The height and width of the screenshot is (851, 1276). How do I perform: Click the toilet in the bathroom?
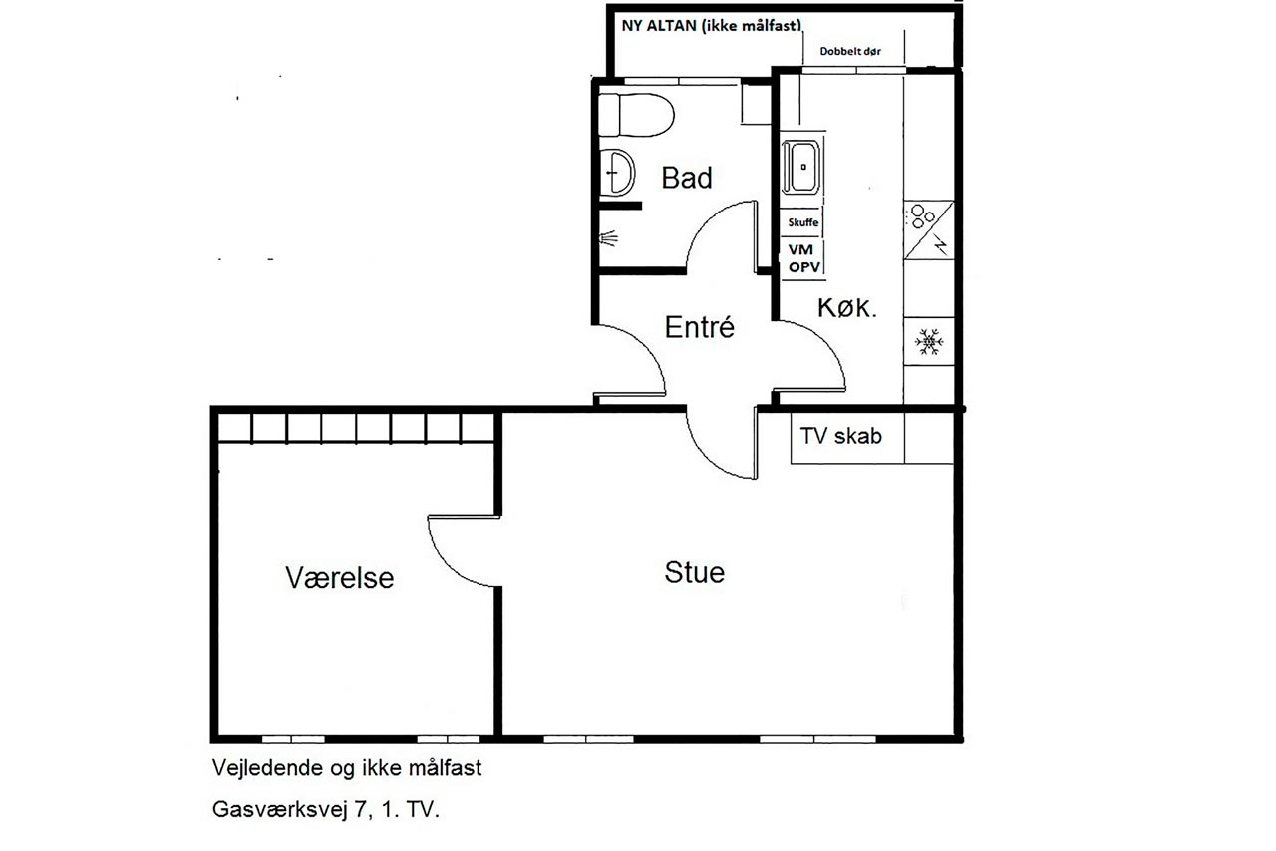(636, 115)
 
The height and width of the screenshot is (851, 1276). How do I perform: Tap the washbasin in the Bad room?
(616, 173)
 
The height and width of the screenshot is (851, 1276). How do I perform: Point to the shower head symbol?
(608, 238)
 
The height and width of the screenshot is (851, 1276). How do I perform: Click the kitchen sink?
(801, 167)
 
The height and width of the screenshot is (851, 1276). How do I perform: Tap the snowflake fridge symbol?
(929, 341)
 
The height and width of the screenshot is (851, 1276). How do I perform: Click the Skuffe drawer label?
(803, 222)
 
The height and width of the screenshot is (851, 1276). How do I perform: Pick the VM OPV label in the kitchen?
(804, 258)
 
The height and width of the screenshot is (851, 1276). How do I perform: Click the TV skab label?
(840, 436)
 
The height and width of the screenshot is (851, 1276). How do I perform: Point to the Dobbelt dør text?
(850, 51)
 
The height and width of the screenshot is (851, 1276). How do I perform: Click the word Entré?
(700, 327)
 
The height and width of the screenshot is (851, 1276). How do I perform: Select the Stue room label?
(695, 572)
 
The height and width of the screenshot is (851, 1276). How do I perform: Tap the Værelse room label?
(340, 577)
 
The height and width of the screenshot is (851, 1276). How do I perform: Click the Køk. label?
(847, 308)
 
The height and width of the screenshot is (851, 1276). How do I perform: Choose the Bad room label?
(687, 178)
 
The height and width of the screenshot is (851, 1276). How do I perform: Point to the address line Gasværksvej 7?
(325, 809)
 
